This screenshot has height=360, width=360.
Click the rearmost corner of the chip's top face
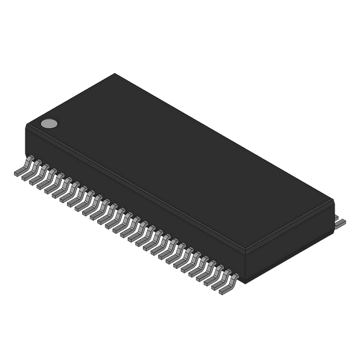pos(115,73)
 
